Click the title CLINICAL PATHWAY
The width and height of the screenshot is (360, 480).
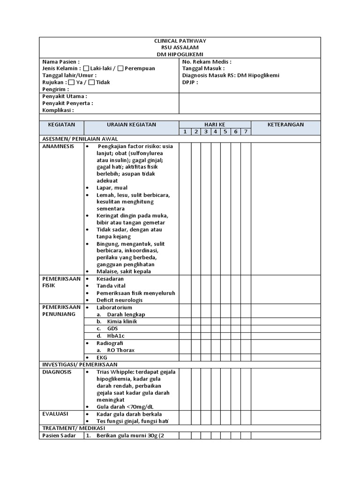point(180,41)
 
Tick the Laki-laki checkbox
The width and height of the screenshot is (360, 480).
point(86,68)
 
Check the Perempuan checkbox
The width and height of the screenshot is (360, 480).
point(120,68)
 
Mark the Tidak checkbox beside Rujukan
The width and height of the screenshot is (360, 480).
point(91,82)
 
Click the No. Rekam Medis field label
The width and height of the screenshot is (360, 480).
point(207,61)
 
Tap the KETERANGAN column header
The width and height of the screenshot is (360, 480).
point(285,124)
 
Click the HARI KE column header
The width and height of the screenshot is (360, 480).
point(215,124)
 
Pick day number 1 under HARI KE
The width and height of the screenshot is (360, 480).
point(185,132)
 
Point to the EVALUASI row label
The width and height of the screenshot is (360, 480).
point(56,414)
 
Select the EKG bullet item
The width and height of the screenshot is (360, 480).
point(102,357)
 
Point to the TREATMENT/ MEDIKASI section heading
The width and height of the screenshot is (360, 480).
point(74,428)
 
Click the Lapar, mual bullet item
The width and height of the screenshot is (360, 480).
point(112,187)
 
